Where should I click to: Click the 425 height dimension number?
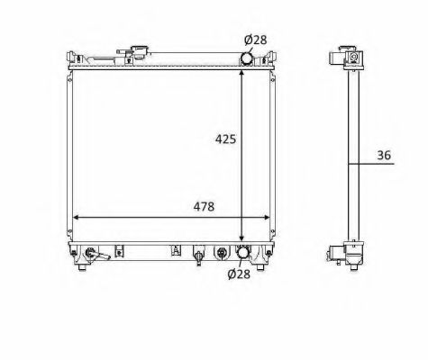tap(225, 140)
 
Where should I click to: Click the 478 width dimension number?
tap(205, 206)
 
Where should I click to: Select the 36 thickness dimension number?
tap(385, 156)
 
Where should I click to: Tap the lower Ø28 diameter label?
tap(237, 274)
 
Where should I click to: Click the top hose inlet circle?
tap(246, 58)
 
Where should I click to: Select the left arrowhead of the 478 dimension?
tap(76, 218)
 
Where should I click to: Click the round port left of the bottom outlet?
tap(221, 253)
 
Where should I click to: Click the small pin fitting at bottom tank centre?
tap(199, 256)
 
